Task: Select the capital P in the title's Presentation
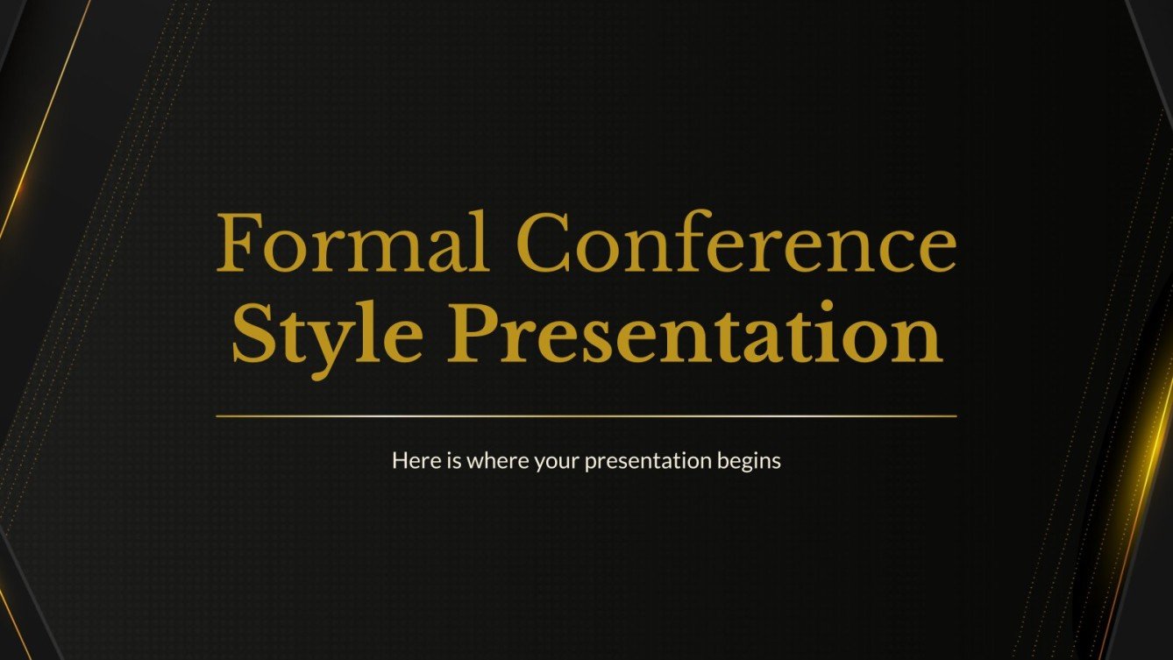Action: click(x=481, y=333)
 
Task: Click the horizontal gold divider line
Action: click(x=586, y=416)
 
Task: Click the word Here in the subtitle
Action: click(x=411, y=460)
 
